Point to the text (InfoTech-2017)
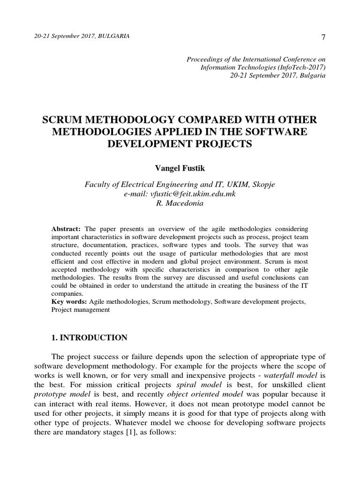304,67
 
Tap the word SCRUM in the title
63,120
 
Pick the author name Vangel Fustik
180,167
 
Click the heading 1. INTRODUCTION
89,337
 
